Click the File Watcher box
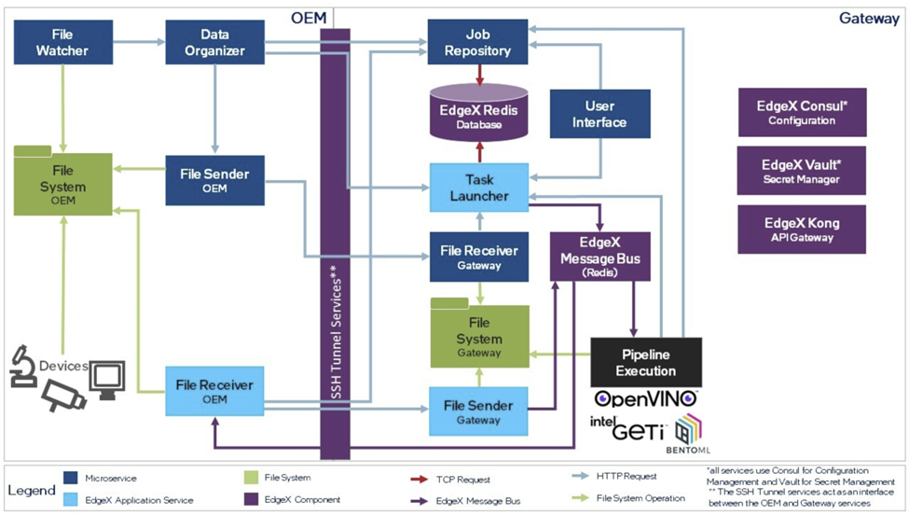[x=62, y=42]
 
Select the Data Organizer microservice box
[x=214, y=42]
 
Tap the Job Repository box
[x=477, y=42]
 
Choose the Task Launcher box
[x=478, y=187]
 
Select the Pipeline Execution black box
[x=645, y=362]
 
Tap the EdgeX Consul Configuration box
[x=801, y=112]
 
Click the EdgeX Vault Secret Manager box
[x=801, y=171]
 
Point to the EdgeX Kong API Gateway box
[x=801, y=230]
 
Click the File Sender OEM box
[x=214, y=180]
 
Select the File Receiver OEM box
[x=214, y=391]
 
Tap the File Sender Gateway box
[x=478, y=411]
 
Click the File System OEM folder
[x=62, y=184]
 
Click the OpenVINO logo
[x=646, y=399]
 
